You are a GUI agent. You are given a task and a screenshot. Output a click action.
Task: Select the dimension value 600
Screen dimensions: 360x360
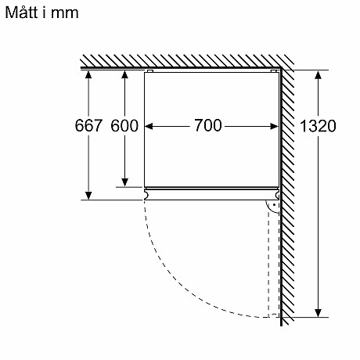(x=124, y=126)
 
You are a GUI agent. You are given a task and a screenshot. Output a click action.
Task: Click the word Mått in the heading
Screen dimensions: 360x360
(x=21, y=15)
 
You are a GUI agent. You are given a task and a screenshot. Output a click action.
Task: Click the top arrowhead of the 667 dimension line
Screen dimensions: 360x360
(x=88, y=74)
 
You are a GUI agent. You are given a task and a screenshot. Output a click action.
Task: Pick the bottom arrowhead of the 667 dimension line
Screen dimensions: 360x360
(x=88, y=195)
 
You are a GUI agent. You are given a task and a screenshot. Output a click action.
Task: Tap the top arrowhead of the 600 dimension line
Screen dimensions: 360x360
(x=124, y=74)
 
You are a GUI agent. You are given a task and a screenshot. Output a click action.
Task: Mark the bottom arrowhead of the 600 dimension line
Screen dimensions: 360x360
(x=124, y=183)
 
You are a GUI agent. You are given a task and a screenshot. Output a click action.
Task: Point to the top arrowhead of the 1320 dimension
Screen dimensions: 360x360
(x=319, y=74)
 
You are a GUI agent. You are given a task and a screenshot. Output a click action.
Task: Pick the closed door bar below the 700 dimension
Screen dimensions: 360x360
(x=211, y=190)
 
